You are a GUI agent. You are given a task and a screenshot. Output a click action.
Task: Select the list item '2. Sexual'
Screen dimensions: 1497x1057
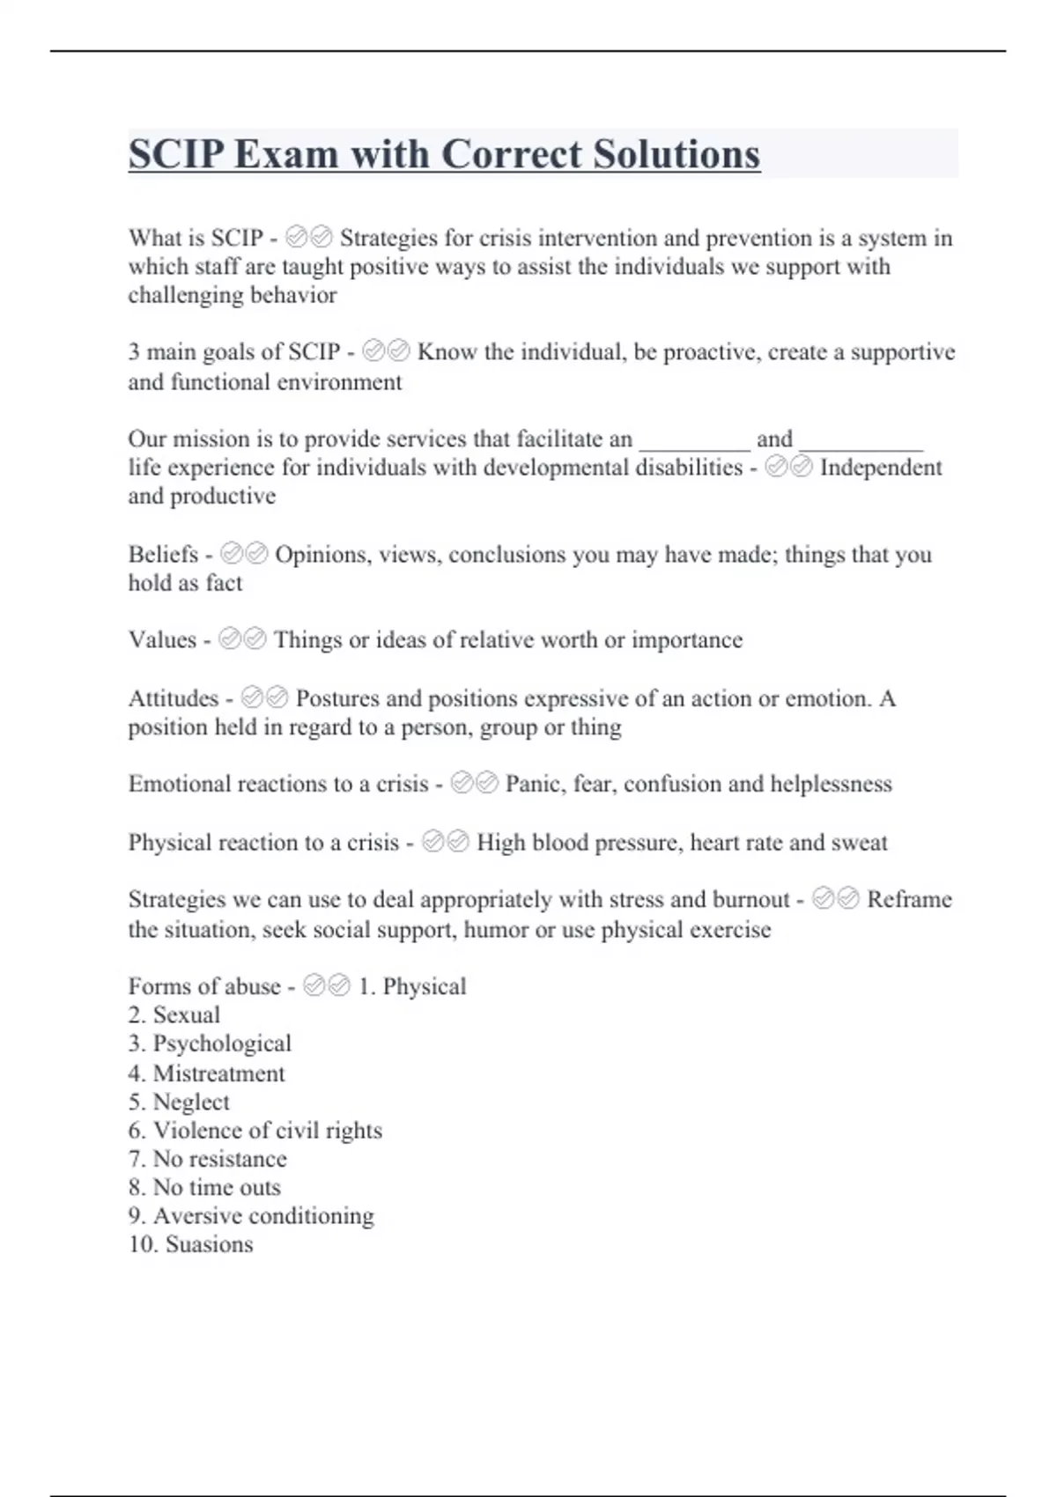coord(174,1014)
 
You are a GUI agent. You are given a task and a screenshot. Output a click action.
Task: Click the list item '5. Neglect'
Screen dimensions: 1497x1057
coord(179,1102)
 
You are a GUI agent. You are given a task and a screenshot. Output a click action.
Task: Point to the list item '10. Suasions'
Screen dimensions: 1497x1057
coord(190,1244)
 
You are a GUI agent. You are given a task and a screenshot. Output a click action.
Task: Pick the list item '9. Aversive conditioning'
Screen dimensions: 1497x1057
coord(251,1216)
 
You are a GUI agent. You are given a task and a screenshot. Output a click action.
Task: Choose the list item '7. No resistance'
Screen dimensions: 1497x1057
coord(208,1159)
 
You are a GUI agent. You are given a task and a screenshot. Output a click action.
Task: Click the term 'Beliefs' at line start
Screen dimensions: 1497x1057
coord(163,554)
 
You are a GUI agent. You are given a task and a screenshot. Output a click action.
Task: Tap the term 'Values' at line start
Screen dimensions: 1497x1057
coord(162,639)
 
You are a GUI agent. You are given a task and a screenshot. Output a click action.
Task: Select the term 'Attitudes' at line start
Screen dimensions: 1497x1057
coord(174,698)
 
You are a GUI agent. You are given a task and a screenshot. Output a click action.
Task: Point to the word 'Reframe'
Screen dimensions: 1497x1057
coord(909,899)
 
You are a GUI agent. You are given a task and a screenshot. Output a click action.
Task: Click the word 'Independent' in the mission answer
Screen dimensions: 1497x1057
coord(881,467)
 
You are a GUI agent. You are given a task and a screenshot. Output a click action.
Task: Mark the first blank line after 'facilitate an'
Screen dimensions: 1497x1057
coord(695,442)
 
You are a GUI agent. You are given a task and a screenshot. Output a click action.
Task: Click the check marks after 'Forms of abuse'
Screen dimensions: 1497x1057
coord(326,986)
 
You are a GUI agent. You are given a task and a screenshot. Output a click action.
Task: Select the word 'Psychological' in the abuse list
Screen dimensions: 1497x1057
coord(222,1043)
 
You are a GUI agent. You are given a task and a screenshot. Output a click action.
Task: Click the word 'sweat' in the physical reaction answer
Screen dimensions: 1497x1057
coord(861,843)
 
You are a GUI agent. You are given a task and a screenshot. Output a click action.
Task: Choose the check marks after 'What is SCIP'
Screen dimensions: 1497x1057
coord(309,238)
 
